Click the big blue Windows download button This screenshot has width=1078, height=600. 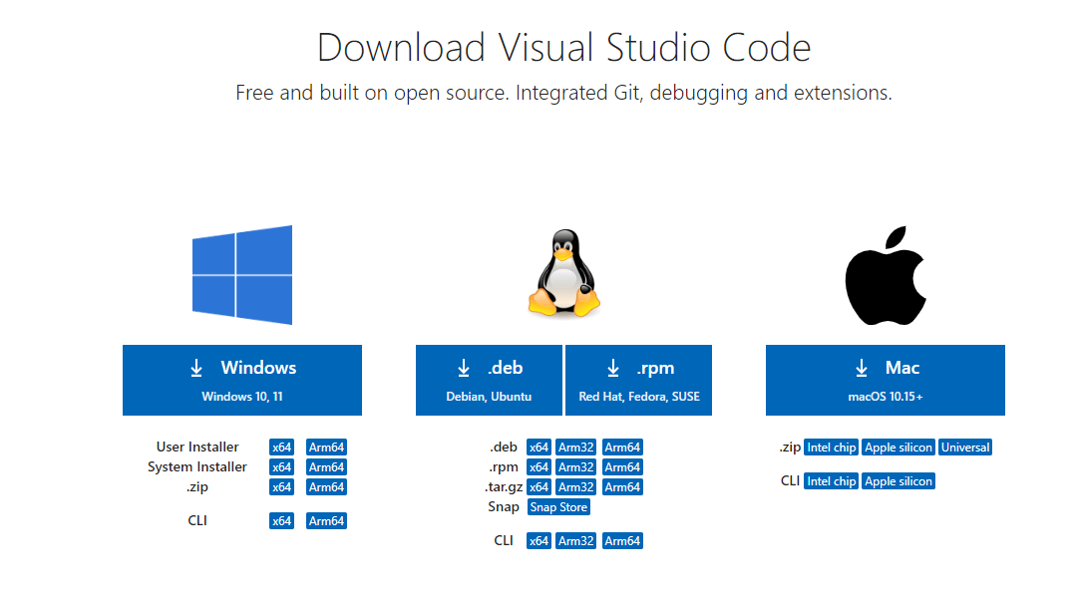point(242,380)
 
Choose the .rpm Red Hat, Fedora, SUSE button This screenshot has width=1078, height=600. point(639,380)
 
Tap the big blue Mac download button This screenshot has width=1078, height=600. point(886,380)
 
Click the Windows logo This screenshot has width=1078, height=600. point(242,275)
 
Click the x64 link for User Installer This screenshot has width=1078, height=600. point(282,448)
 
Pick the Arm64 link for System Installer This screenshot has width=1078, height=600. point(326,467)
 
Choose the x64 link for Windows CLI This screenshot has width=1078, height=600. point(282,521)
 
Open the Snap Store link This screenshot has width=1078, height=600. point(558,507)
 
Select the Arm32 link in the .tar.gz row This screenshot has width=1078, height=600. point(576,487)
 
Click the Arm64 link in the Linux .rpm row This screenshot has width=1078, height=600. point(622,467)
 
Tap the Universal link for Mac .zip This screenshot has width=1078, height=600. point(965,448)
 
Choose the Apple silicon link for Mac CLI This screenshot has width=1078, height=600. point(898,481)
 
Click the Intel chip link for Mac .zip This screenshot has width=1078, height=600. point(832,448)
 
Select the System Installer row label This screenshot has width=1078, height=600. point(197,467)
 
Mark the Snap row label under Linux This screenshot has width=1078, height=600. point(504,507)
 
